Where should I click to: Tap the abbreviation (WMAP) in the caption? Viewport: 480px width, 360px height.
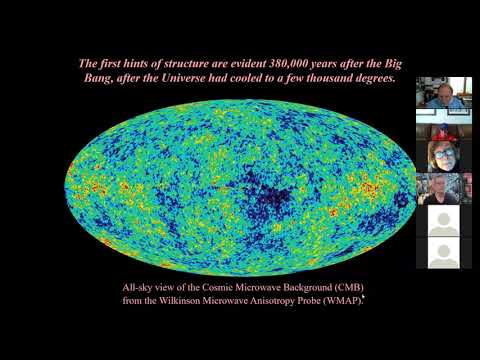(335, 299)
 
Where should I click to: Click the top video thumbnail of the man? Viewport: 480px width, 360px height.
(444, 92)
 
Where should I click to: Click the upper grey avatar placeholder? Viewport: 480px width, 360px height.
(444, 221)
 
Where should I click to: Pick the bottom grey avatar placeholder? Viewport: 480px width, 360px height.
(444, 253)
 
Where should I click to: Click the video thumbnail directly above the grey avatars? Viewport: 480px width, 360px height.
(444, 189)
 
